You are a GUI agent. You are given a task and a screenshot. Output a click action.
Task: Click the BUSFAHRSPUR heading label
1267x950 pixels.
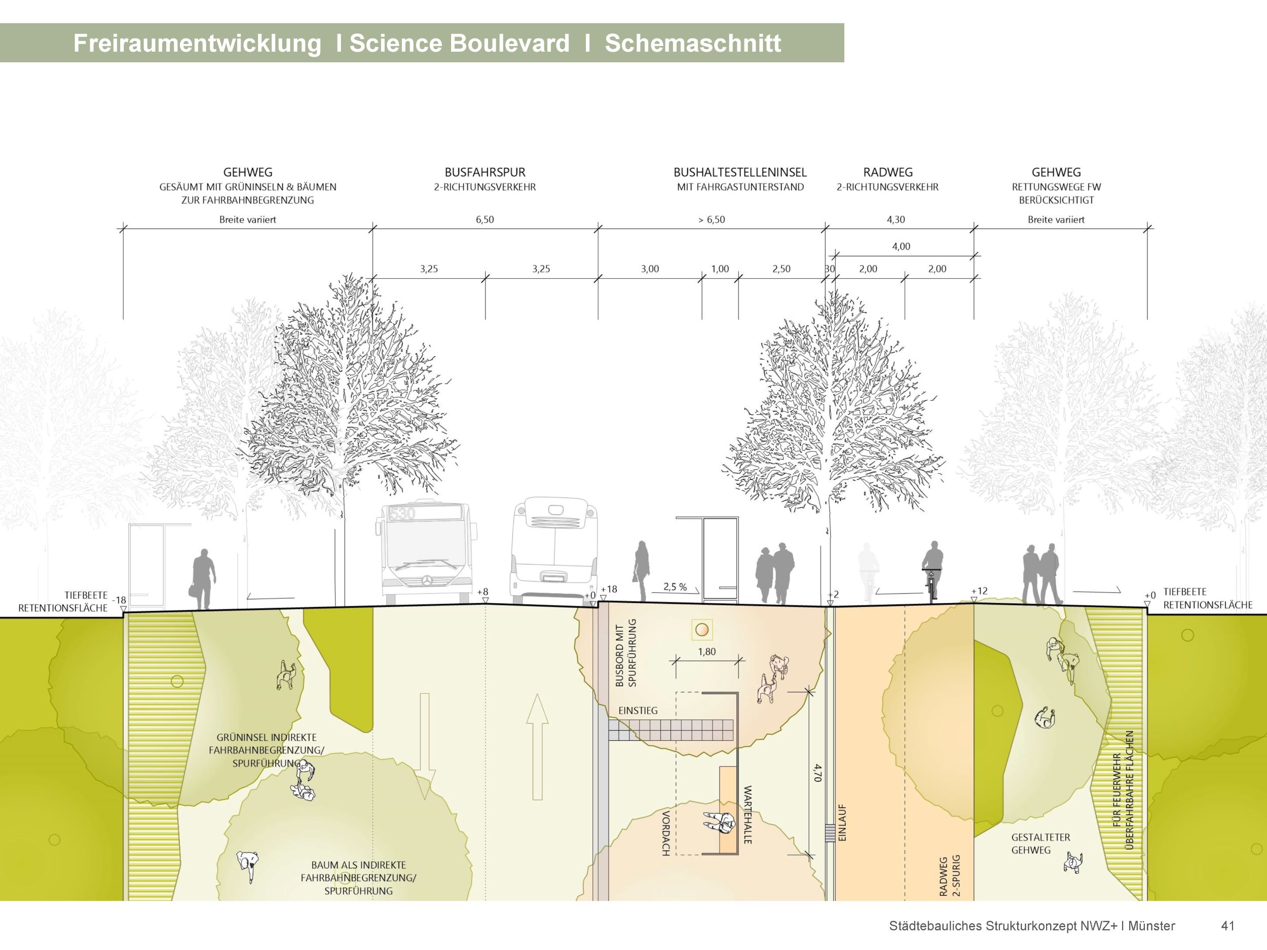point(485,172)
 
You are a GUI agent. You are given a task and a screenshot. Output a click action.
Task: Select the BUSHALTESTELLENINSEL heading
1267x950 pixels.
point(739,172)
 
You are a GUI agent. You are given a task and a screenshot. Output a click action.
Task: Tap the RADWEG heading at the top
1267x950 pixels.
point(887,172)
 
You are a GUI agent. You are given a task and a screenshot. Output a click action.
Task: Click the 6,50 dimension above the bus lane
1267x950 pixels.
point(485,220)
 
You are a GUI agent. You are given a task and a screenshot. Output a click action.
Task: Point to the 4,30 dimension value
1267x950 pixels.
point(896,220)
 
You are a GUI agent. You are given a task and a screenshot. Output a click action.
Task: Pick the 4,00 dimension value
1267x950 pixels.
point(901,247)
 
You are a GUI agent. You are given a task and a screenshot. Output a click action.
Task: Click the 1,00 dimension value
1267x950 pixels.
point(720,269)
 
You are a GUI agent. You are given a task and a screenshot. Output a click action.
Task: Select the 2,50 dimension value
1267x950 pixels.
point(781,269)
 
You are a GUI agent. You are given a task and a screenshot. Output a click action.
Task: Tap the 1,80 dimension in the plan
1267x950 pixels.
point(707,652)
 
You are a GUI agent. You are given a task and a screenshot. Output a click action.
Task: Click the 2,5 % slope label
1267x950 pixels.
point(675,587)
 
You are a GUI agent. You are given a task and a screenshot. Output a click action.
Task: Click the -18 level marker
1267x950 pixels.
point(119,600)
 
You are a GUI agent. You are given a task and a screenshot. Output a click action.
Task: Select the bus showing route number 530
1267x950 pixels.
point(424,553)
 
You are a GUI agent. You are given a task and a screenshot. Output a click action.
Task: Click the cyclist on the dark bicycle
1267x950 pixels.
point(933,570)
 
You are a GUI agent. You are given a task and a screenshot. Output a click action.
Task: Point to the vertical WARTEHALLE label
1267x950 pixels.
point(748,814)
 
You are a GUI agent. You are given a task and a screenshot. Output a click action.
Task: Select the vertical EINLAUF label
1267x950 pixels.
point(842,823)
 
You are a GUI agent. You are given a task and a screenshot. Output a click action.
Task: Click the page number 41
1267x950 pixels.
point(1227,926)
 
